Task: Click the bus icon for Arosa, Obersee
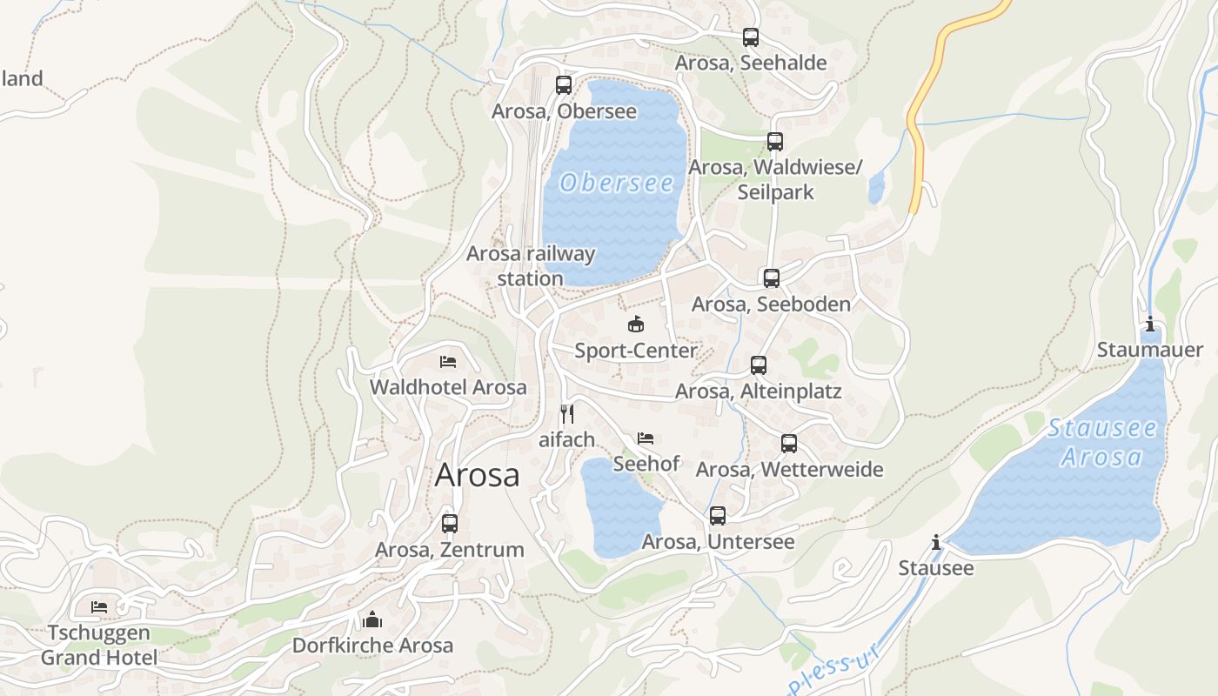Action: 564,85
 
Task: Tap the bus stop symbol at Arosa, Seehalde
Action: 751,37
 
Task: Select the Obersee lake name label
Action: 617,183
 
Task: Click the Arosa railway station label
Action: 531,265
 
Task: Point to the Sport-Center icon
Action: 636,325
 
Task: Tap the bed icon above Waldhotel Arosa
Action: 448,361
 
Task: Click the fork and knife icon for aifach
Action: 567,413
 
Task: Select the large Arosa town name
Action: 477,475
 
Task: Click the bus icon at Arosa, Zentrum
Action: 450,524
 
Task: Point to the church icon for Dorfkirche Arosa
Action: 372,619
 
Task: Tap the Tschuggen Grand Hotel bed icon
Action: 99,606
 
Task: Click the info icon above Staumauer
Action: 1150,324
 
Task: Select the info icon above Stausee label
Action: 936,543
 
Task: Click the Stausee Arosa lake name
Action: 1102,442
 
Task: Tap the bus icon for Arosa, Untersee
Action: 718,516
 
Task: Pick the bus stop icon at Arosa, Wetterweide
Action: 789,444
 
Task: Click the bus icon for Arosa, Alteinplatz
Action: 759,365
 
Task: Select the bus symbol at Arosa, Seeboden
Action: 772,278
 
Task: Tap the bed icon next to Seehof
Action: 646,438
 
